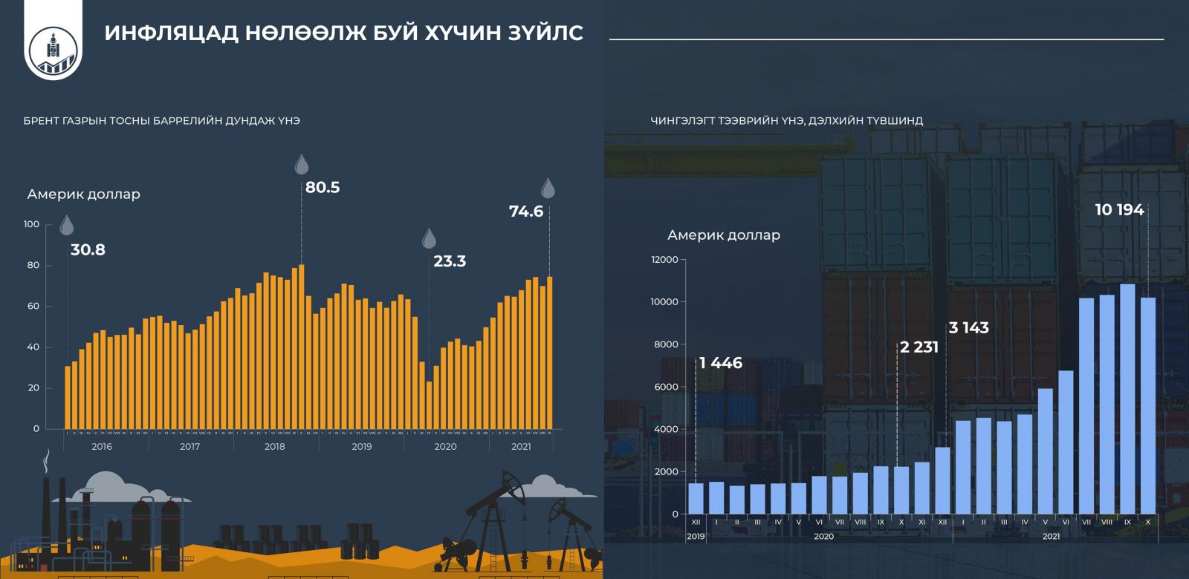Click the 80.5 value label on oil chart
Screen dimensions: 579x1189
coord(323,188)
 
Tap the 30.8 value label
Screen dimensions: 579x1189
coord(88,250)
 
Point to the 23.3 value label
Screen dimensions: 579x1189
coord(450,261)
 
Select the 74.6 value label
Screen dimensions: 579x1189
coord(526,212)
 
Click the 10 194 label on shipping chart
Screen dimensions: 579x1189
coord(1119,210)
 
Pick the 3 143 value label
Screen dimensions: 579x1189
coord(969,328)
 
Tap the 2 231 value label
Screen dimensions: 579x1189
coord(919,347)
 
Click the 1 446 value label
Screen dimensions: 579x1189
coord(721,363)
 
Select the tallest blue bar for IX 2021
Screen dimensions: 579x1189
coord(1127,399)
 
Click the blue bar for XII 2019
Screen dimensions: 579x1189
coord(696,498)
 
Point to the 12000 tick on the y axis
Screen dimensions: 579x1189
coord(664,260)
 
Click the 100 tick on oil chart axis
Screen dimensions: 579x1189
coord(32,224)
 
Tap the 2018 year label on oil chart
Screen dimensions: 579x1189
coord(275,447)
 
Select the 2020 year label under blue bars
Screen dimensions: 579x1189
coord(823,536)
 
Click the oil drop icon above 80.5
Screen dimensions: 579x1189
coord(301,164)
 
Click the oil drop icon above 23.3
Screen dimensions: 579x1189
coord(429,238)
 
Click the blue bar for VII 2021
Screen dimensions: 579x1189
coord(1086,405)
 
